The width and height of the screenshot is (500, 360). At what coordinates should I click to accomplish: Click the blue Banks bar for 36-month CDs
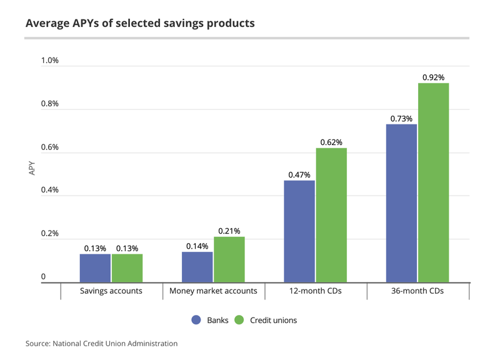(401, 203)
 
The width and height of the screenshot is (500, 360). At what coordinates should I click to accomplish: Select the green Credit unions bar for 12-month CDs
(331, 215)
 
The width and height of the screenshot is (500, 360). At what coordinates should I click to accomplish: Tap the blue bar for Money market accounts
(197, 267)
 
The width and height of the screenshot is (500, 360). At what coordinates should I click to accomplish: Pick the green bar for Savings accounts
(127, 268)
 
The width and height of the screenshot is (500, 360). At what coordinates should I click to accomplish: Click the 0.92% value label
(433, 77)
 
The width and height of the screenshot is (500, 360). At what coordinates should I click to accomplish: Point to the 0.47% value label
(299, 175)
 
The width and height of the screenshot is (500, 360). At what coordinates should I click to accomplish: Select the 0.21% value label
(229, 231)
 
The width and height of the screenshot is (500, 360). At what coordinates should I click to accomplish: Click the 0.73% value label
(402, 119)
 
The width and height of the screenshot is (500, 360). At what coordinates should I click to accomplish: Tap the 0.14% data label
(197, 246)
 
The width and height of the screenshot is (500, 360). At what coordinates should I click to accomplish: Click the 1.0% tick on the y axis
(50, 61)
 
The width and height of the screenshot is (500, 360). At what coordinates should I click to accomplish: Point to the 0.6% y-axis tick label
(50, 147)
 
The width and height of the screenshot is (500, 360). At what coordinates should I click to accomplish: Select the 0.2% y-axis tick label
(50, 234)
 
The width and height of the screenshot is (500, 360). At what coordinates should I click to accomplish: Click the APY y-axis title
(32, 168)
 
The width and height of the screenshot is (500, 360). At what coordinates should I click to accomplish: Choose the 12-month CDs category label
(315, 291)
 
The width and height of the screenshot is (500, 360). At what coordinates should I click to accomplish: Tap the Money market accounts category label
(213, 291)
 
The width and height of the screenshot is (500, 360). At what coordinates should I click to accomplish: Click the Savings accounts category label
(111, 291)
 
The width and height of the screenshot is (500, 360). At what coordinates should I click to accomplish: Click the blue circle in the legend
(196, 320)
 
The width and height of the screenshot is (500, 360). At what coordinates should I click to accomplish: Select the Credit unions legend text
(273, 320)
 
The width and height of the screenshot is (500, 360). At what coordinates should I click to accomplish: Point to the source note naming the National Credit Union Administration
(101, 344)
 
